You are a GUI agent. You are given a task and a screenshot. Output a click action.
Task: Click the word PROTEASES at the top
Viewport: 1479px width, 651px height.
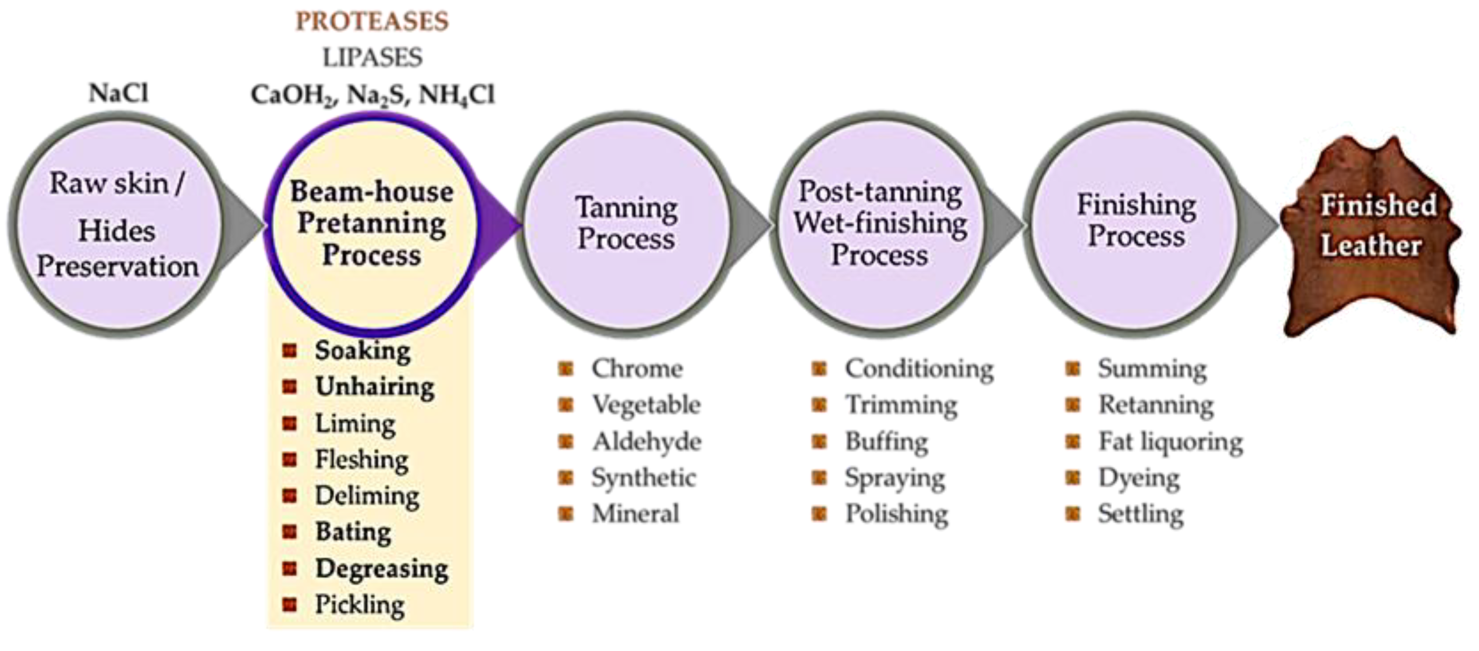click(372, 22)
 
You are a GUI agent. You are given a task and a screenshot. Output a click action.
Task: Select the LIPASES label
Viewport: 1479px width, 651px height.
click(372, 57)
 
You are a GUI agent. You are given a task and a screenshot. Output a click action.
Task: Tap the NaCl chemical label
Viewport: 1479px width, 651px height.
click(118, 93)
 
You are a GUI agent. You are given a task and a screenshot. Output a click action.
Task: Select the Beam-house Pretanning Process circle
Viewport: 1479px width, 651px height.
click(371, 224)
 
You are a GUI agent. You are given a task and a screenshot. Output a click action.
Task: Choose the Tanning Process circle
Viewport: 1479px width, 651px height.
click(626, 224)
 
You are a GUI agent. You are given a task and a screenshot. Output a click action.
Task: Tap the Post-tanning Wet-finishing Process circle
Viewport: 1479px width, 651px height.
click(880, 224)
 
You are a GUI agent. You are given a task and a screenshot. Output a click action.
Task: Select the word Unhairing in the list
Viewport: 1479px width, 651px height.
click(375, 387)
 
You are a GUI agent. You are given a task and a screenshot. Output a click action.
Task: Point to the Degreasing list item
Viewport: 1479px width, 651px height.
click(382, 569)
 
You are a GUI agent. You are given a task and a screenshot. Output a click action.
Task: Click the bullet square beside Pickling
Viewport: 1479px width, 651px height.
click(290, 604)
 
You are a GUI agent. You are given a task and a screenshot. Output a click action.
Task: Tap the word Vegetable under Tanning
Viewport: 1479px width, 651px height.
click(646, 405)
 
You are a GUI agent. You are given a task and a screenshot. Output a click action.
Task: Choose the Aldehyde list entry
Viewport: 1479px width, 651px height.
click(647, 442)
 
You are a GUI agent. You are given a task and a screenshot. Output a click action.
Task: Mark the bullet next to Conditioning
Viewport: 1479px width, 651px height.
click(819, 369)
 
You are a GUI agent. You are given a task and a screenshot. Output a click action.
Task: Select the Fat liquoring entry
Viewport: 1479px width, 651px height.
click(1170, 442)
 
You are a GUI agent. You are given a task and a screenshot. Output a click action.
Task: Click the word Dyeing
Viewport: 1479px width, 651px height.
click(1139, 477)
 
